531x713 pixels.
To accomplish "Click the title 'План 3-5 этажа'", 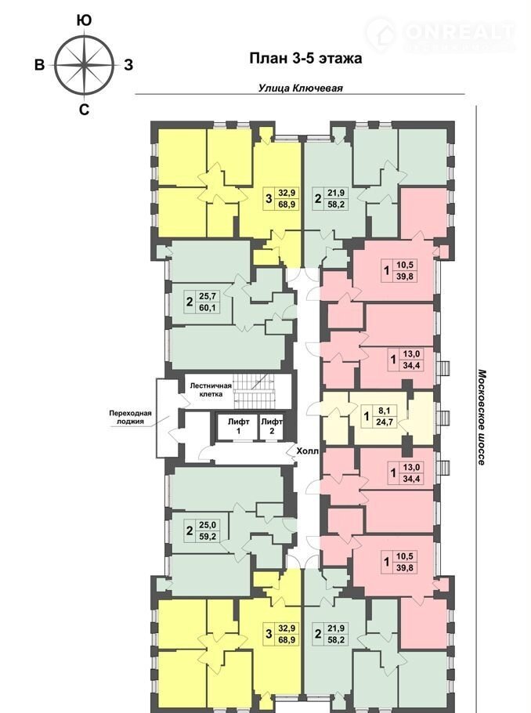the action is (306, 59).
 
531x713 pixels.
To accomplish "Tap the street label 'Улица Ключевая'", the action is (301, 89).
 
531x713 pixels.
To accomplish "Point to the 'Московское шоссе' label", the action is (482, 417).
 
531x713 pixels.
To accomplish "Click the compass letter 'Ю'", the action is (84, 20).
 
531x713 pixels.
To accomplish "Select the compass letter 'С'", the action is (84, 110).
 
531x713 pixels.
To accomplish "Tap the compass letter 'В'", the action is (40, 64).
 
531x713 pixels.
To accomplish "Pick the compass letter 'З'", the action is (128, 64).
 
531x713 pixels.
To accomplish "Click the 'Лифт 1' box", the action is (239, 427).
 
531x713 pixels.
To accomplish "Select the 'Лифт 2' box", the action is (272, 427).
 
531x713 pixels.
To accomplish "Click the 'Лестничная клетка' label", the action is (211, 389).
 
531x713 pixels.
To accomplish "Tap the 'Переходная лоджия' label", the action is (130, 418).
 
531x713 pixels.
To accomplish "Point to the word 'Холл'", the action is (308, 451).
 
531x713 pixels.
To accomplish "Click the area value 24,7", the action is (385, 422).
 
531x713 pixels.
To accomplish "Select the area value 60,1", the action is (207, 308).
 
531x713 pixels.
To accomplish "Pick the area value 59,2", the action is (207, 536).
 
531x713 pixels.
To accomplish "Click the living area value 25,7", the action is (207, 296).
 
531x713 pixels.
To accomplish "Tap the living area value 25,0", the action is (207, 525).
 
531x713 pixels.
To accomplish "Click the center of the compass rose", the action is (84, 64).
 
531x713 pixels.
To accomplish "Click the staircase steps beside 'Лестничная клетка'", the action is (255, 390).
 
